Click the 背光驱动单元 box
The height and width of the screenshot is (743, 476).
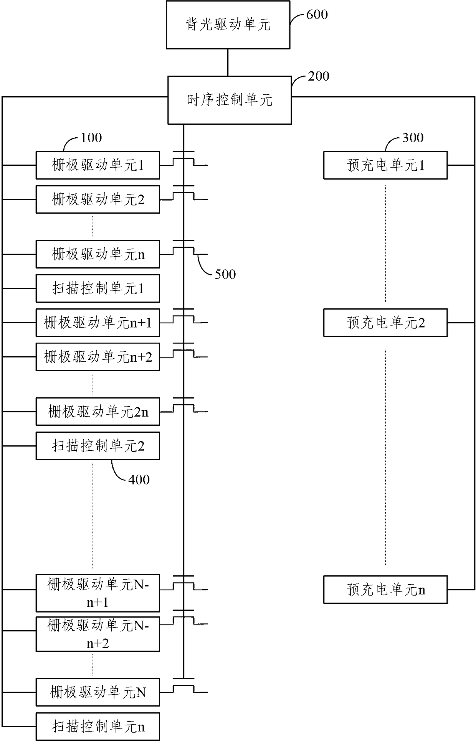pyautogui.click(x=228, y=25)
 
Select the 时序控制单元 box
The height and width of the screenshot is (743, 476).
pyautogui.click(x=230, y=100)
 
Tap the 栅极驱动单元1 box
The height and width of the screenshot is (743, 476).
pyautogui.click(x=98, y=165)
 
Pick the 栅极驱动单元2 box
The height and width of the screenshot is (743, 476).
pyautogui.click(x=98, y=199)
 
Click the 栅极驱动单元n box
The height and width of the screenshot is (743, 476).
pyautogui.click(x=98, y=254)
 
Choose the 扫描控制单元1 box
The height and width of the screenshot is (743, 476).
pyautogui.click(x=98, y=288)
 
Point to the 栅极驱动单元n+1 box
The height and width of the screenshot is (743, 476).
pyautogui.click(x=98, y=323)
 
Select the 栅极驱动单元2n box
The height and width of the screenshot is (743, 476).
pyautogui.click(x=98, y=412)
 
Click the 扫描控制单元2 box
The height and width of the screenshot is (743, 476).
pyautogui.click(x=98, y=446)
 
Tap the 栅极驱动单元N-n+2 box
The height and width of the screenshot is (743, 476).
pyautogui.click(x=98, y=634)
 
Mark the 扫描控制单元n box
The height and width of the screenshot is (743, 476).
pyautogui.click(x=98, y=727)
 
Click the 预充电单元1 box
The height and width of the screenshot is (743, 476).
pyautogui.click(x=385, y=165)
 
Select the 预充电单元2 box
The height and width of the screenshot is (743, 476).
pyautogui.click(x=385, y=323)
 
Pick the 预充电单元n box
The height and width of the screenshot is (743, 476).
pyautogui.click(x=385, y=590)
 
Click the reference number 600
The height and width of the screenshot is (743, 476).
pyautogui.click(x=317, y=15)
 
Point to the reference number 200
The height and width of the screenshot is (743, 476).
pyautogui.click(x=319, y=76)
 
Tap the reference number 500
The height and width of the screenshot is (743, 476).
pyautogui.click(x=225, y=274)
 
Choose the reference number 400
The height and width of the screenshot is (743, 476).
pyautogui.click(x=139, y=479)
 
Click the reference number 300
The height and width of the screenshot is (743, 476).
pyautogui.click(x=413, y=138)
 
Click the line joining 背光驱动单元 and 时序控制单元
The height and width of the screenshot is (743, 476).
pyautogui.click(x=228, y=63)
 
